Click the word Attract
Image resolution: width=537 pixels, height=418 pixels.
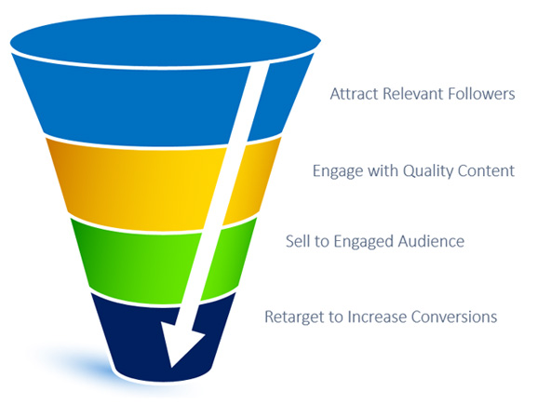click(354, 93)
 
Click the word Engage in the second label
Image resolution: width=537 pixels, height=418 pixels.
click(338, 171)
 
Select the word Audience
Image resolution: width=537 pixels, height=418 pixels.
click(431, 241)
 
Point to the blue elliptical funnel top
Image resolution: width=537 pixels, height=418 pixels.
click(165, 40)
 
